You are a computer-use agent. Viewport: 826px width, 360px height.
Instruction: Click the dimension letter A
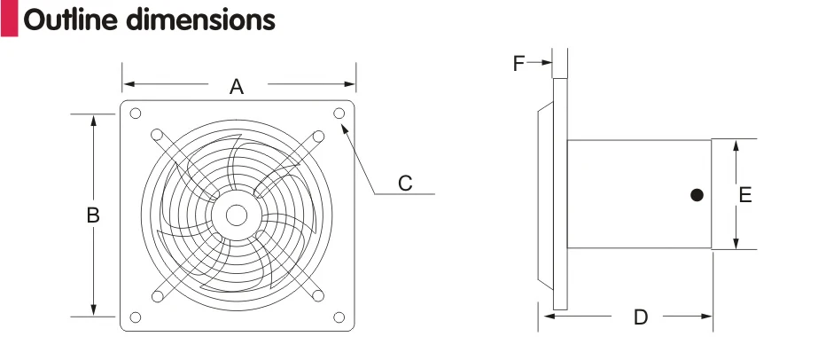click(x=237, y=86)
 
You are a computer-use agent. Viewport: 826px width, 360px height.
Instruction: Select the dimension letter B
click(x=93, y=215)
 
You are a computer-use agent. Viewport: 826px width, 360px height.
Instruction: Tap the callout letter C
click(x=405, y=183)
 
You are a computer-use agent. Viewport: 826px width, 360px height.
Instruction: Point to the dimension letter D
click(x=641, y=317)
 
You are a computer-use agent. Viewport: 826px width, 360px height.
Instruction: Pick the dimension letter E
click(x=745, y=195)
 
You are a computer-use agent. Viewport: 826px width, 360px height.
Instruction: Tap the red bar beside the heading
click(x=9, y=19)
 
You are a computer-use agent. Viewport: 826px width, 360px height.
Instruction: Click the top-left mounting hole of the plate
click(x=136, y=113)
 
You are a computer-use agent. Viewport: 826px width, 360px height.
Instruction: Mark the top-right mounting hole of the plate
click(x=339, y=113)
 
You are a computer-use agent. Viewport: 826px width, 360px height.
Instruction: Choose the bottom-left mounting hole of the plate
click(x=136, y=317)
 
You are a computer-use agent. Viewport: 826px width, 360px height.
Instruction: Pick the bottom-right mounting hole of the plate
click(x=339, y=317)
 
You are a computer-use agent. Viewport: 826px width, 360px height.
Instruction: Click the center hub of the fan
click(x=237, y=215)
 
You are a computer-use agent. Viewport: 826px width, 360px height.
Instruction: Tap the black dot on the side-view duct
click(x=697, y=194)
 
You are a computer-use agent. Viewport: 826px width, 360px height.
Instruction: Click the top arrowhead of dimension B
click(x=93, y=119)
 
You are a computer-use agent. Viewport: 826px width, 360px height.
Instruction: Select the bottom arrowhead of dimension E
click(x=735, y=245)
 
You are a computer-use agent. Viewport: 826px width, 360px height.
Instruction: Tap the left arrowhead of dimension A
click(x=128, y=84)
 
